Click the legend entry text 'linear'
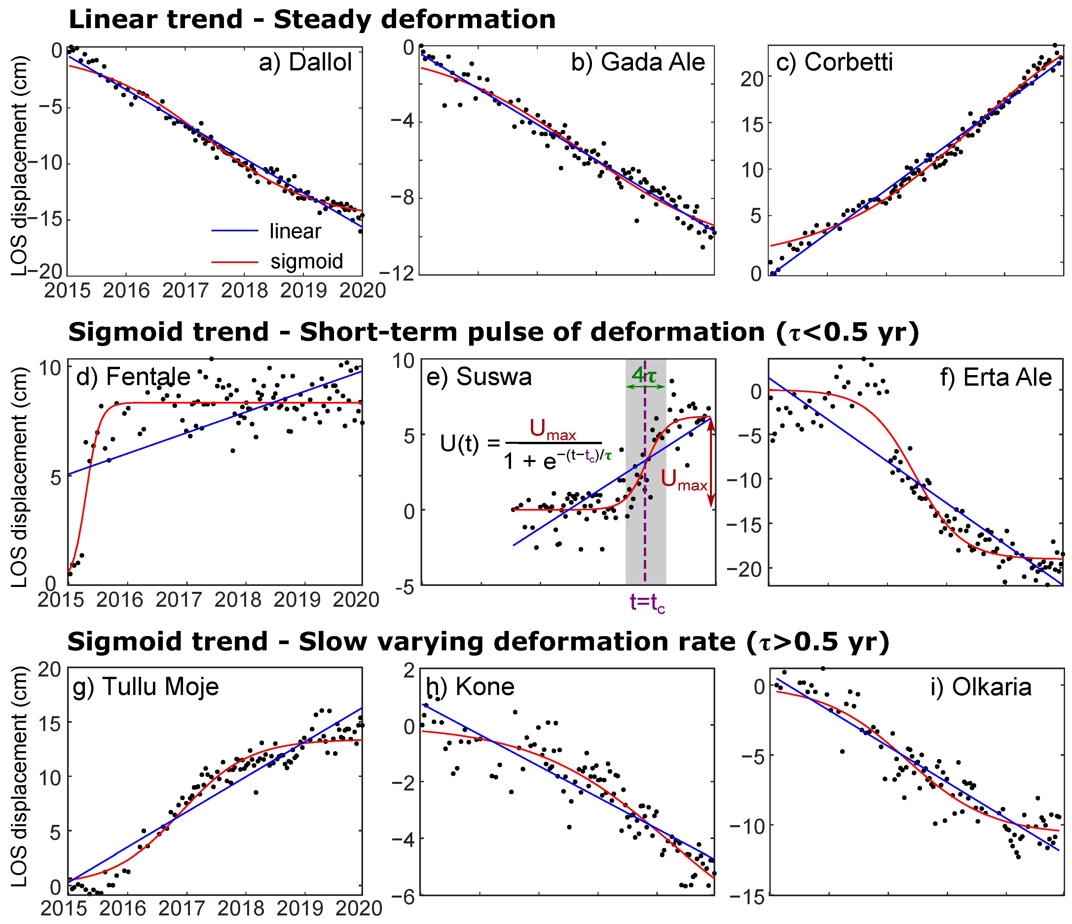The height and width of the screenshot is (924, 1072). [295, 231]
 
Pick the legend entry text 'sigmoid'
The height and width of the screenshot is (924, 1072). [306, 261]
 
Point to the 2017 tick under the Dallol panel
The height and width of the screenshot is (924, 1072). [185, 290]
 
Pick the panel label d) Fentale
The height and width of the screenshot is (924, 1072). [133, 377]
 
